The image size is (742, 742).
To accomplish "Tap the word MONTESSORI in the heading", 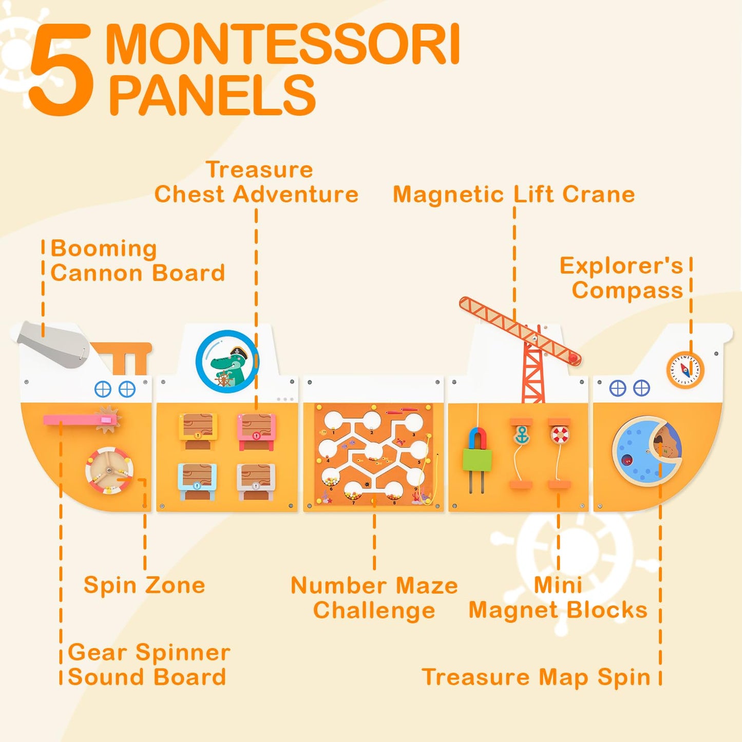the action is click(x=282, y=44).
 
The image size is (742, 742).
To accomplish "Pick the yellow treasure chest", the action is click(x=198, y=431).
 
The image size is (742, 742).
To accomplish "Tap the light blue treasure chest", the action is click(x=197, y=481).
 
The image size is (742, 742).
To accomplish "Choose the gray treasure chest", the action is click(x=256, y=481).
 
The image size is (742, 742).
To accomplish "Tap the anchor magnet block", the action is click(x=521, y=434).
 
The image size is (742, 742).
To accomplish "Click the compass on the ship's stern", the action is click(x=686, y=370).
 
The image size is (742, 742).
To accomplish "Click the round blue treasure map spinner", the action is click(x=647, y=452).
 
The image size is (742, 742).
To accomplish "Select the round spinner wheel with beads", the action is click(x=110, y=470).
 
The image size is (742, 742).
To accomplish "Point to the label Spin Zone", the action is click(x=144, y=585).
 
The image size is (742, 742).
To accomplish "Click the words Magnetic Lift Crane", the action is click(x=513, y=194).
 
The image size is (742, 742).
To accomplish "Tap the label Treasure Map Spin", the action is click(x=537, y=677).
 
